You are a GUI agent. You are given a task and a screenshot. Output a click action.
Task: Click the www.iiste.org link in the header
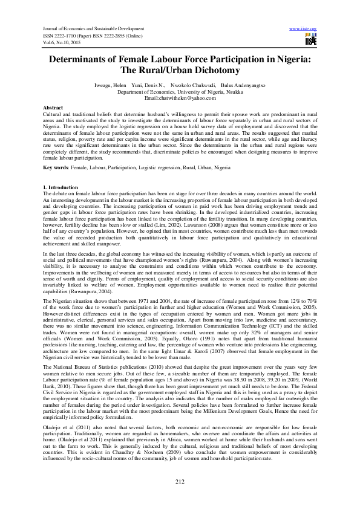[303, 28]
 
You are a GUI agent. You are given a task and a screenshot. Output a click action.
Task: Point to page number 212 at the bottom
[180, 481]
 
